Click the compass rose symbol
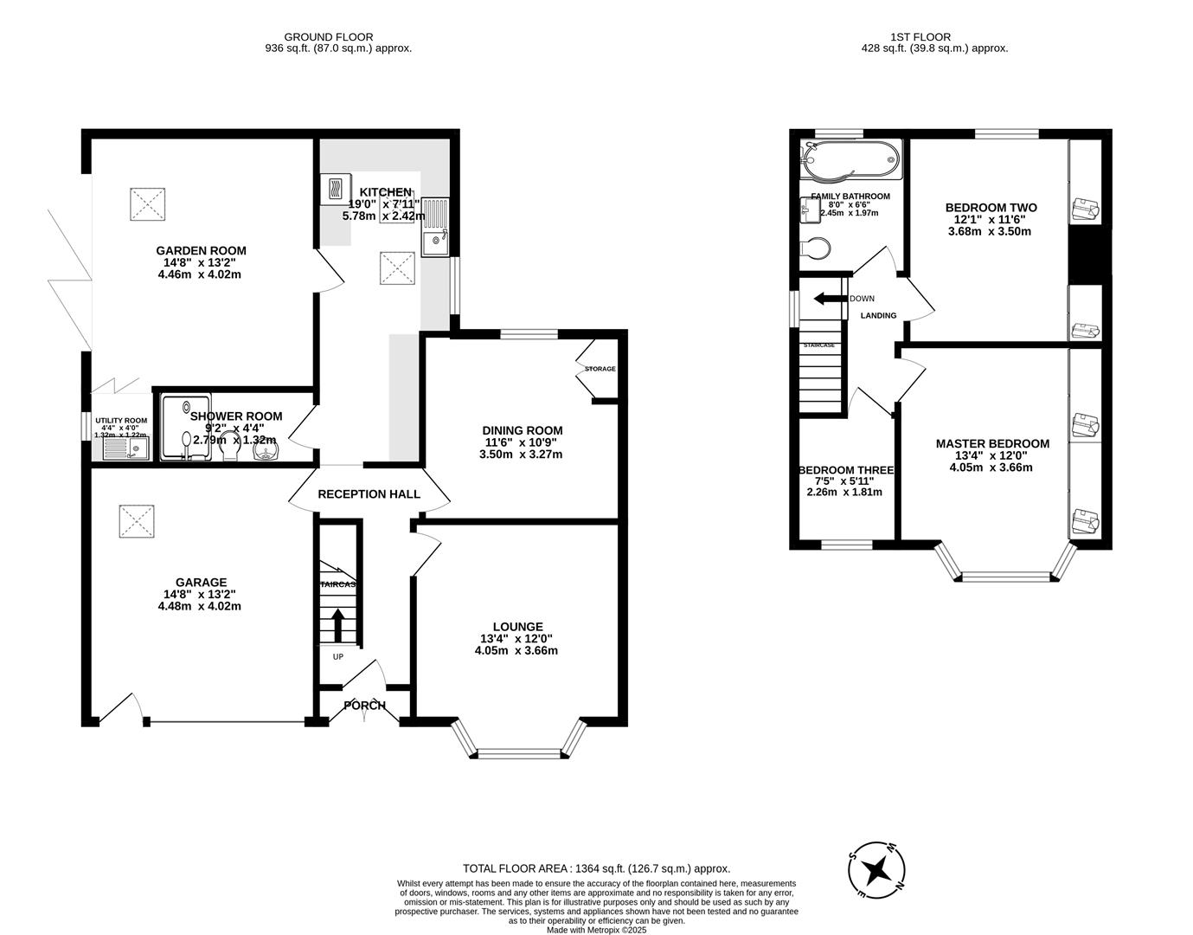(876, 868)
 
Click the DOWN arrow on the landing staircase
(827, 299)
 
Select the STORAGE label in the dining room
(600, 369)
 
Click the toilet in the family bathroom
(814, 248)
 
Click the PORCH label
(364, 706)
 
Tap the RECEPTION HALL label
(369, 494)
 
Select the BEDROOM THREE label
(845, 470)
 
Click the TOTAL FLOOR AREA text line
(596, 868)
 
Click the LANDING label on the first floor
(878, 315)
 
